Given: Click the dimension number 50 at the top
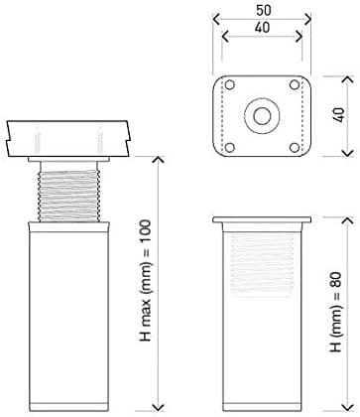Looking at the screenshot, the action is [264, 10].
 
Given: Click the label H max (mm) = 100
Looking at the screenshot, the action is [146, 280].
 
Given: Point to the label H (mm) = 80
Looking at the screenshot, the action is [335, 312].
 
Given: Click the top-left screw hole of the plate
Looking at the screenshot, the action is [230, 85].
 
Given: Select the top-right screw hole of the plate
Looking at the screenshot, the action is [295, 85].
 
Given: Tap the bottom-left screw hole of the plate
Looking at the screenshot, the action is [230, 147].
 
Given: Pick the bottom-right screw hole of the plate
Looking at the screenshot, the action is [295, 147].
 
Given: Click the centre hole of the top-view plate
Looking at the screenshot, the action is [262, 116].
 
